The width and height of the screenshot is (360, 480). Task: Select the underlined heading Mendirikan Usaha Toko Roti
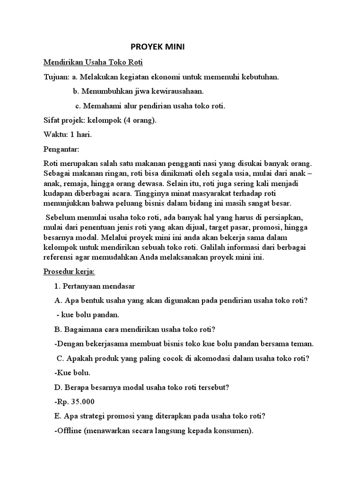(x=93, y=62)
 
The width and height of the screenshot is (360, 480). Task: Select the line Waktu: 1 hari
(x=67, y=135)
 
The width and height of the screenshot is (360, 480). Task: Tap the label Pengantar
(x=62, y=149)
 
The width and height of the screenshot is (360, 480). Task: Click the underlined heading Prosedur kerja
(x=69, y=271)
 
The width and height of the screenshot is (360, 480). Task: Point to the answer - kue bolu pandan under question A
(x=88, y=315)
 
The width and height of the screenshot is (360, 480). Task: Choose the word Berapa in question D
(x=74, y=388)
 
